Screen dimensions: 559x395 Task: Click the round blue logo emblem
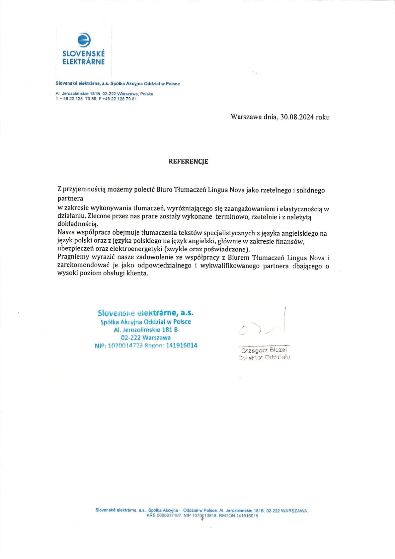click(x=84, y=40)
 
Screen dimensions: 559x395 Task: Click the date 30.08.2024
click(x=297, y=117)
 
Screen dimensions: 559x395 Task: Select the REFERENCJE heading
click(x=188, y=161)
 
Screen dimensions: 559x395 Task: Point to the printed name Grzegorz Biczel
click(x=264, y=350)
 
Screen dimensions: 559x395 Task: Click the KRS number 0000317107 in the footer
click(x=169, y=516)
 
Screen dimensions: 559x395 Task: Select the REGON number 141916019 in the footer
click(x=247, y=516)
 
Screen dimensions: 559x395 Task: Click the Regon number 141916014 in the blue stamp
click(x=182, y=345)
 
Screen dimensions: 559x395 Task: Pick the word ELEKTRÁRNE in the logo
click(x=83, y=61)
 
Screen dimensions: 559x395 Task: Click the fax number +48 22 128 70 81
click(x=119, y=99)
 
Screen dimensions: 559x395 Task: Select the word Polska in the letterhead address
click(x=147, y=94)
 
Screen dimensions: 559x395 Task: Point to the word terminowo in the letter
click(x=231, y=217)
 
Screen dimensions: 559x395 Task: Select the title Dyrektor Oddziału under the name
click(x=264, y=357)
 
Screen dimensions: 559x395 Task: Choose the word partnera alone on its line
click(x=70, y=199)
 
